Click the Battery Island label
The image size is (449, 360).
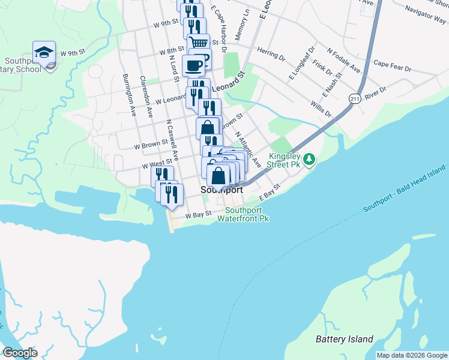click(x=345, y=339)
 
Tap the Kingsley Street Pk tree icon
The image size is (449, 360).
click(x=309, y=159)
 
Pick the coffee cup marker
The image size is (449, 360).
click(x=193, y=65)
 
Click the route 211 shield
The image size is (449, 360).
click(x=355, y=98)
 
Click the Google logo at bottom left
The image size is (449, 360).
click(x=20, y=353)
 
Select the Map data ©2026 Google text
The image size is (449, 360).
click(x=412, y=355)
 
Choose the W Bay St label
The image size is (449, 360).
click(x=199, y=214)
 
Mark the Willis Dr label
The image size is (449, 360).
click(x=321, y=108)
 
